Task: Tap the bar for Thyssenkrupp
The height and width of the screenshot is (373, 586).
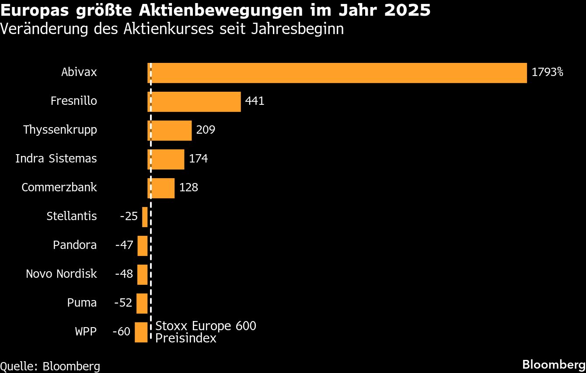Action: (x=170, y=131)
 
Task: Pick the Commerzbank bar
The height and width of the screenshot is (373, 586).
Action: (x=161, y=188)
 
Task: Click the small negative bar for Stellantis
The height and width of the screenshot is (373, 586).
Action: (x=145, y=217)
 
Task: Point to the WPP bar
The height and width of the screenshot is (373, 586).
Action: (x=141, y=332)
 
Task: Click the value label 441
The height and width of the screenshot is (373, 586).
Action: (x=255, y=101)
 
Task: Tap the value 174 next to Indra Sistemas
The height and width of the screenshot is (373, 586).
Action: (x=198, y=159)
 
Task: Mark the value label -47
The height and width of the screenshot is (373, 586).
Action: (x=124, y=245)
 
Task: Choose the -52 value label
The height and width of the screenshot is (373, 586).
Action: (x=123, y=303)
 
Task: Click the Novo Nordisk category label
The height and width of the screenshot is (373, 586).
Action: (x=61, y=274)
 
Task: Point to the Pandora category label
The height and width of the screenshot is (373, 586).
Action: (x=75, y=245)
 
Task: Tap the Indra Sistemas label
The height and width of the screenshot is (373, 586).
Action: (x=56, y=159)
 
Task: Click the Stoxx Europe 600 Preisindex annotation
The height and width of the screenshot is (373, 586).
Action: (x=206, y=332)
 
